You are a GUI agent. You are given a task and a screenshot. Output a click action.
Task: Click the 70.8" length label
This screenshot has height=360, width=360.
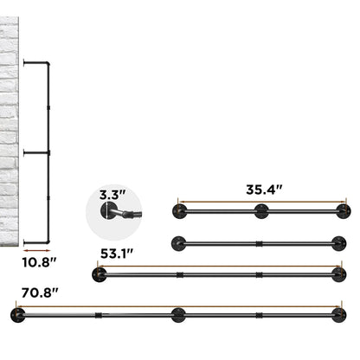[x=35, y=292]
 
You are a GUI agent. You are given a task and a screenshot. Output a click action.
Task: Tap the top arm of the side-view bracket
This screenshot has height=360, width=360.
[x=35, y=62]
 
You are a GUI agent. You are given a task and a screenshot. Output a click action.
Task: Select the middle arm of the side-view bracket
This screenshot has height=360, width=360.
[x=35, y=152]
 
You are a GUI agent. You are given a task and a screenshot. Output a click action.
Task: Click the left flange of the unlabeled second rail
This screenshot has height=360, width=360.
[x=178, y=241]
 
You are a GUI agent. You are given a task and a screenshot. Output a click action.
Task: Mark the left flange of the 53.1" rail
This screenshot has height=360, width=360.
[x=99, y=274]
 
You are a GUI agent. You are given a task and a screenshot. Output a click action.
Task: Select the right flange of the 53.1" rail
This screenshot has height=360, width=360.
[x=344, y=274]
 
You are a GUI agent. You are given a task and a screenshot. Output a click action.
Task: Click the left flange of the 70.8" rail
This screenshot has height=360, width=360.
[x=13, y=313]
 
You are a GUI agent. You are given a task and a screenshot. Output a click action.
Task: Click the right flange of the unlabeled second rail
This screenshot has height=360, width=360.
[x=344, y=241]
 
